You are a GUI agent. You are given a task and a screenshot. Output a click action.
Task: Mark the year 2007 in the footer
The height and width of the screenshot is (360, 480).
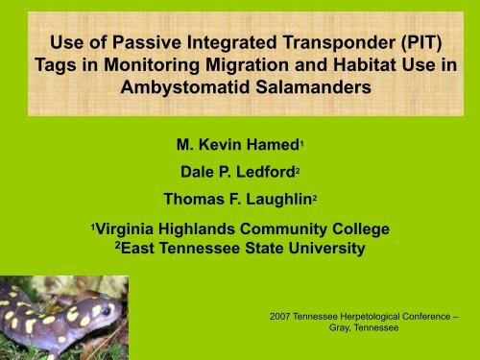pyautogui.click(x=287, y=313)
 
